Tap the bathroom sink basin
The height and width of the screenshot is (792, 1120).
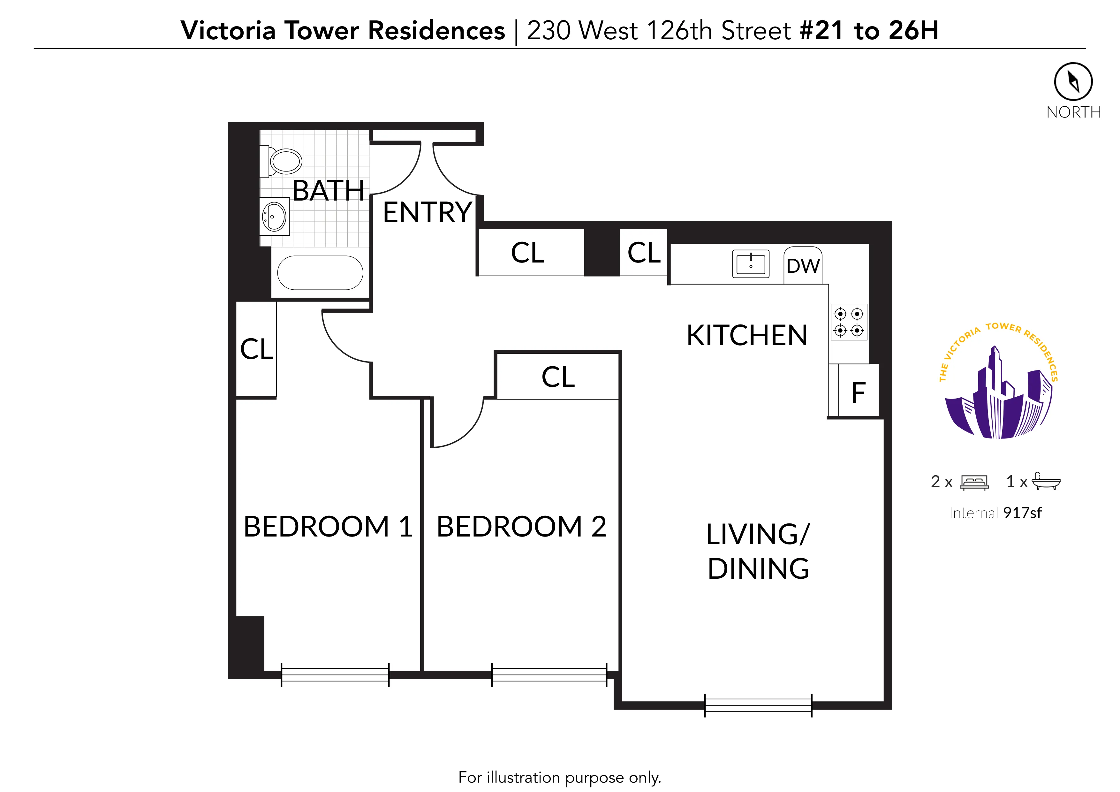274,216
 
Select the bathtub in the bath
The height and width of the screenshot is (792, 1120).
320,273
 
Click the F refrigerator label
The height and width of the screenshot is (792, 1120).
858,393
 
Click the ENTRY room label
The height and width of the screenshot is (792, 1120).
427,212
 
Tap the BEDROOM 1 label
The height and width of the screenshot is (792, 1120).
328,527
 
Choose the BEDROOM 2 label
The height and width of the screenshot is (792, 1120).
521,527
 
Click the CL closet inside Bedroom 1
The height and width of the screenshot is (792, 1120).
257,349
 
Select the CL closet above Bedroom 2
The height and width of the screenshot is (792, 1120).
557,377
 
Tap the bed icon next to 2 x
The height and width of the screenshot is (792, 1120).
974,482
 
